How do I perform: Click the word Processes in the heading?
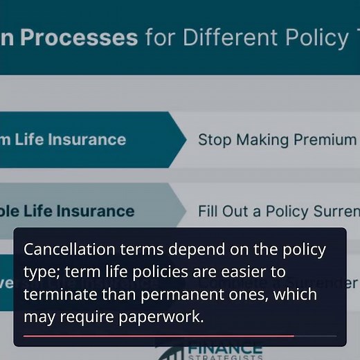click(x=79, y=37)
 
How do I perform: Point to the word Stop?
click(x=214, y=139)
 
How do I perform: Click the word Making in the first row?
click(x=264, y=139)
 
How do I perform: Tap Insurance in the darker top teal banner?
click(x=87, y=139)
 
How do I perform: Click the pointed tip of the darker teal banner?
click(x=185, y=139)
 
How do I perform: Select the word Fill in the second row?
click(x=208, y=210)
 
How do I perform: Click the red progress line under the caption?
click(x=159, y=336)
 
